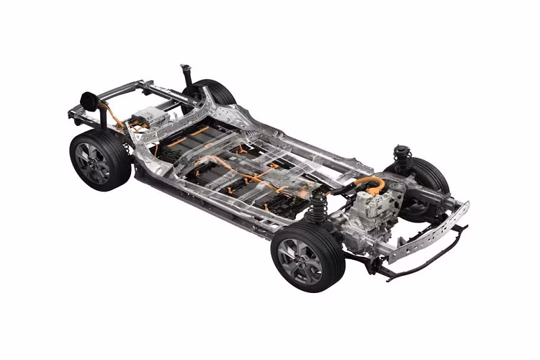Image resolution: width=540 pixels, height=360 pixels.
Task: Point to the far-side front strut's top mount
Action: pyautogui.click(x=402, y=152)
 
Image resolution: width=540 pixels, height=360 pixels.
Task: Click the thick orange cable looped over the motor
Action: pyautogui.click(x=370, y=182)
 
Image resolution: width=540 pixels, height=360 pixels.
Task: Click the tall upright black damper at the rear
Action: pyautogui.click(x=184, y=76)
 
